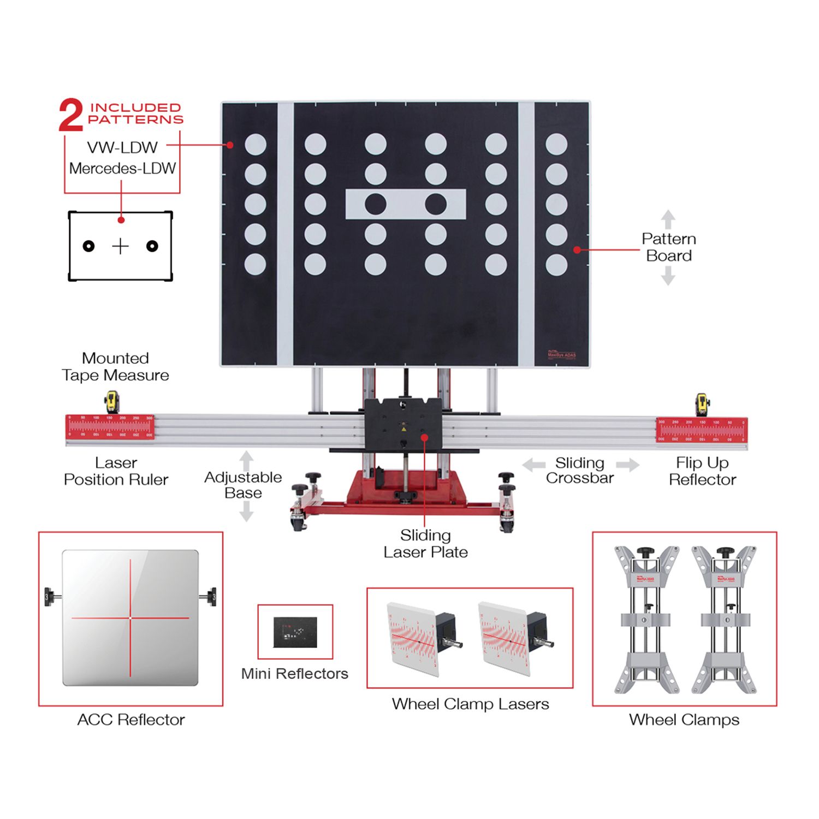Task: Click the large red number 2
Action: pos(71,115)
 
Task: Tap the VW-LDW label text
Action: pos(122,147)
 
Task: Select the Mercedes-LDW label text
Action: pos(122,168)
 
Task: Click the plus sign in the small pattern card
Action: pos(120,246)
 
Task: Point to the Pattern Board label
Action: pos(669,247)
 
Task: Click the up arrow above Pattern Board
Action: pos(668,219)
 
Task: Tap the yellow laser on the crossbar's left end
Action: pos(112,402)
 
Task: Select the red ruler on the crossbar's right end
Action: pos(702,429)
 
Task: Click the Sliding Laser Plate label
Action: pos(425,544)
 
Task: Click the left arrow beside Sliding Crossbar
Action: pos(533,465)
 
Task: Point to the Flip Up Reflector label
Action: pos(702,471)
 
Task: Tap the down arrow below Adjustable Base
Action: pos(246,512)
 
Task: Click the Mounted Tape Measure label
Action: pos(115,367)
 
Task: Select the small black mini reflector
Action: pos(295,632)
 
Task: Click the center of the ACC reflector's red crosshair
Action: pos(130,618)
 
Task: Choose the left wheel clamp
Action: pos(647,620)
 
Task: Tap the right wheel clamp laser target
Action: pos(505,639)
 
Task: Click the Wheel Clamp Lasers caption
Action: pos(470,704)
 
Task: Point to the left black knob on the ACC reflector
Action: pos(50,596)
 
